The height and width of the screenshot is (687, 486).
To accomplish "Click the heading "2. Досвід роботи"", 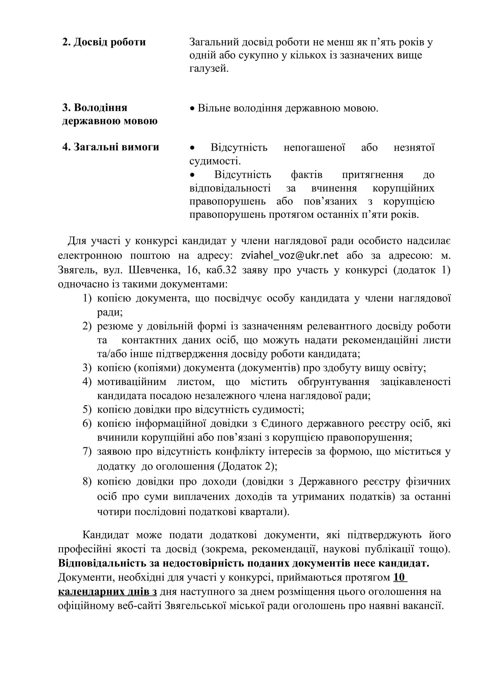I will tap(104, 42).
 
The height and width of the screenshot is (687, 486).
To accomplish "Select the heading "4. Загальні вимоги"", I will tap(110, 147).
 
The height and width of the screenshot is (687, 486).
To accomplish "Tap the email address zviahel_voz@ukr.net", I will tap(290, 255).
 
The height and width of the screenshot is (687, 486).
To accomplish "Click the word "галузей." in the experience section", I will tap(209, 69).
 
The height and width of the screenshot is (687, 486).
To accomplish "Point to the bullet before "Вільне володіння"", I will tap(192, 108).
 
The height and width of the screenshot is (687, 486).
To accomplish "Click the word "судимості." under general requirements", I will tap(215, 161).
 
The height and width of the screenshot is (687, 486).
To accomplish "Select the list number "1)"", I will tap(87, 298).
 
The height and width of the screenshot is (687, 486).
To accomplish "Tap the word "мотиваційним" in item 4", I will tap(132, 382).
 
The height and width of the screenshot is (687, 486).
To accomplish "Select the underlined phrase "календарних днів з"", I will tap(108, 592).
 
